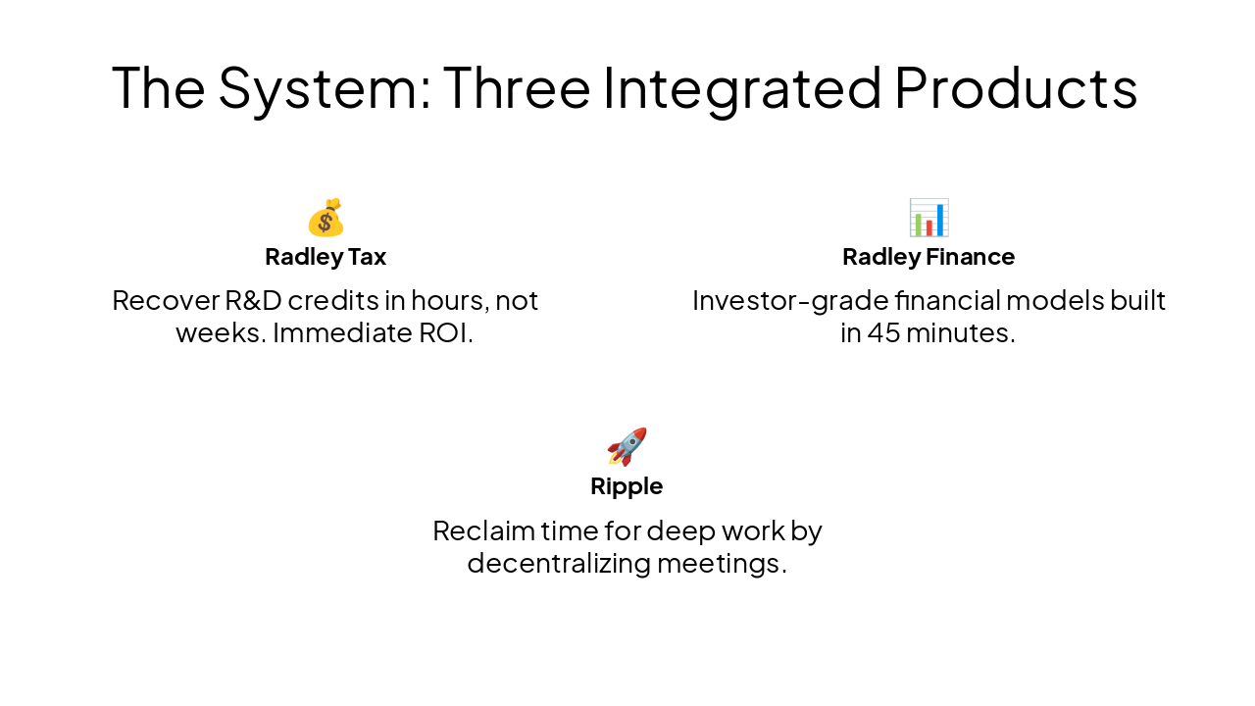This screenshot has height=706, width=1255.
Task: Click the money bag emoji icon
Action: (x=326, y=218)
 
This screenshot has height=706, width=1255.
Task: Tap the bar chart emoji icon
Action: (x=929, y=218)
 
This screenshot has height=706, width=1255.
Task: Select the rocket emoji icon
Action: (x=627, y=447)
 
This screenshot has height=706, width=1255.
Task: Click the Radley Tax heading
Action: (x=326, y=257)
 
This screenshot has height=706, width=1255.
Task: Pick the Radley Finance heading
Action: (x=929, y=257)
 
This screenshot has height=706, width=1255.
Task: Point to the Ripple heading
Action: (x=627, y=486)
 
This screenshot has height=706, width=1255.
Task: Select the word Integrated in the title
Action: (x=742, y=87)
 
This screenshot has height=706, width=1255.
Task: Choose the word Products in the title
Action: (x=1016, y=87)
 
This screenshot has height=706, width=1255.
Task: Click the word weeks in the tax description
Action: (x=220, y=333)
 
